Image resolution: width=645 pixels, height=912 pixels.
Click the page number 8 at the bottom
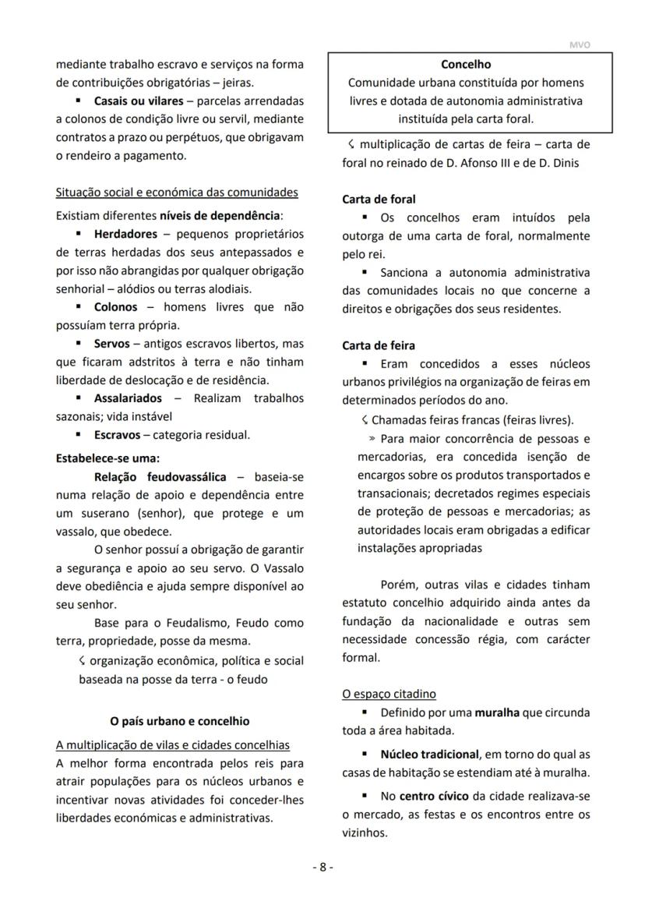point(322,867)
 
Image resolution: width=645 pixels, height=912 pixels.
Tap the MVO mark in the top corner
point(580,45)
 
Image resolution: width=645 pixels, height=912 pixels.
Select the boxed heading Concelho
point(466,65)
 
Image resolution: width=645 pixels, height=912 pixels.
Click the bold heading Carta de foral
point(379,200)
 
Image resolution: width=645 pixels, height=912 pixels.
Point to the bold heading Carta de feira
point(379,345)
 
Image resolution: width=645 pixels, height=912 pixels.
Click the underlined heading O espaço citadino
point(389,694)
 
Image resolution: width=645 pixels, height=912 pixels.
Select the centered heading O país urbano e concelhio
point(179,721)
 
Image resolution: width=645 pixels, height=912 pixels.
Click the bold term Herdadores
point(125,234)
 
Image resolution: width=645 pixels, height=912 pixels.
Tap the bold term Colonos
point(115,307)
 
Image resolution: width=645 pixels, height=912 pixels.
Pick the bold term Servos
point(112,344)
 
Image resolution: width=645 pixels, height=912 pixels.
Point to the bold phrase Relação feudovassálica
point(160,476)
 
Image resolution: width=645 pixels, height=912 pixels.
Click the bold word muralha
point(499,712)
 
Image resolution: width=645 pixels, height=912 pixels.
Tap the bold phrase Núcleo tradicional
point(429,755)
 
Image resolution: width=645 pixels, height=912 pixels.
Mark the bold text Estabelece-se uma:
point(107,458)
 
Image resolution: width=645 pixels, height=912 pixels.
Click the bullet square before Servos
point(79,344)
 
